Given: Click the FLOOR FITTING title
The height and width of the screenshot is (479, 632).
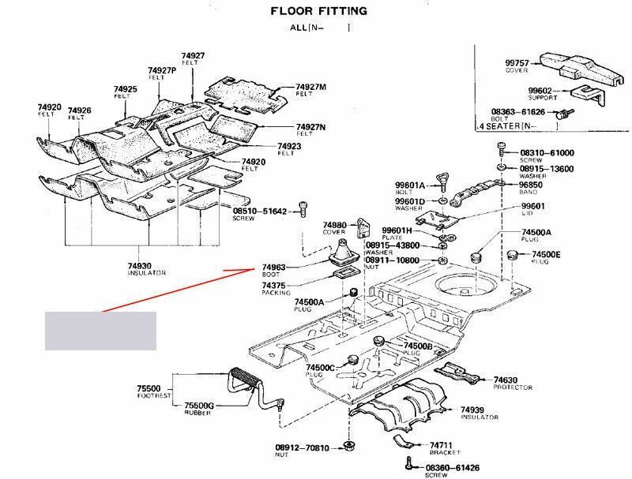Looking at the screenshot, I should tap(319, 11).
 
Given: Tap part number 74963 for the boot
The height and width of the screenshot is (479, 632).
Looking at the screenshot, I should tap(274, 268).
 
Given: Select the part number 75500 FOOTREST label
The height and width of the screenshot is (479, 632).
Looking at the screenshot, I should tap(149, 389).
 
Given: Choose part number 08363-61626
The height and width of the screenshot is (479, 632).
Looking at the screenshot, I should tap(517, 113).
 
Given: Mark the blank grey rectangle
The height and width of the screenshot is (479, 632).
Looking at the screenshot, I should tap(100, 331).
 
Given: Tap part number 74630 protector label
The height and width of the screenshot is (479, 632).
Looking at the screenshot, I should tap(506, 380).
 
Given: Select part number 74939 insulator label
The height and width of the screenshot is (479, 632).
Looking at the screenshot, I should tap(473, 410).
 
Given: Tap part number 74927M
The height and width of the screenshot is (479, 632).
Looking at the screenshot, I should tap(311, 86).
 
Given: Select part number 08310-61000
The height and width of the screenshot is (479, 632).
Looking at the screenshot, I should tap(547, 153).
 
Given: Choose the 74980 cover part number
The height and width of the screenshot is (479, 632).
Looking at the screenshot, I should tap(335, 225).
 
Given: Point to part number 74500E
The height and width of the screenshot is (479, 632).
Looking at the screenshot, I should tap(546, 254).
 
